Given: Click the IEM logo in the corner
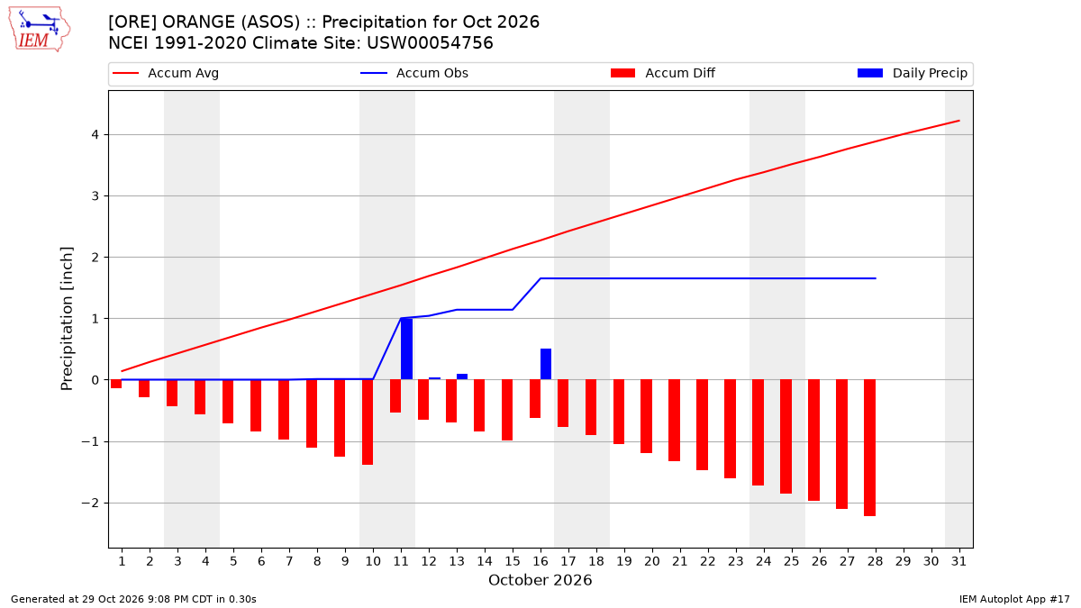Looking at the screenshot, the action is [x=40, y=29].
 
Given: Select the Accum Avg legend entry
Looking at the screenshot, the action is [x=166, y=73].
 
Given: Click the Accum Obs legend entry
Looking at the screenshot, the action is [x=414, y=73].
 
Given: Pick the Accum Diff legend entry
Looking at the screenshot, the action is [x=663, y=73].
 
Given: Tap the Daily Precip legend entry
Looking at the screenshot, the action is [x=913, y=73].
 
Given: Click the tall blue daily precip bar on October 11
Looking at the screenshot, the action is [x=407, y=349].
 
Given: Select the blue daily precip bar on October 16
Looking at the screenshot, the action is [x=546, y=364].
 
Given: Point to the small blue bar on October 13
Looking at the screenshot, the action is [x=462, y=377].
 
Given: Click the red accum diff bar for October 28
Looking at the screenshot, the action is [x=869, y=448].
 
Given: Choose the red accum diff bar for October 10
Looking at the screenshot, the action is [x=368, y=422].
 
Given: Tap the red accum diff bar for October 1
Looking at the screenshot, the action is [x=116, y=384].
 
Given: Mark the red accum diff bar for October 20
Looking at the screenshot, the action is [x=646, y=416].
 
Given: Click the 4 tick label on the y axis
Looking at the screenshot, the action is [x=95, y=134].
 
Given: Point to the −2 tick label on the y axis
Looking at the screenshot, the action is [x=90, y=504].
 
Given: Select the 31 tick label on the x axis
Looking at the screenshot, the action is [x=958, y=561].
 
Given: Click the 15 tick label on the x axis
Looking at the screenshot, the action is [x=513, y=561].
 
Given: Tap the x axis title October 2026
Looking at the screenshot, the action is [x=540, y=580].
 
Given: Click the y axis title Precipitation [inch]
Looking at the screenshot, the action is [x=67, y=319].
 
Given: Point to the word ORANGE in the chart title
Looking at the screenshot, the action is [x=199, y=23].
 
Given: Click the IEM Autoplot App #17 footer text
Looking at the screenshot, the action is [x=1014, y=599].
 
